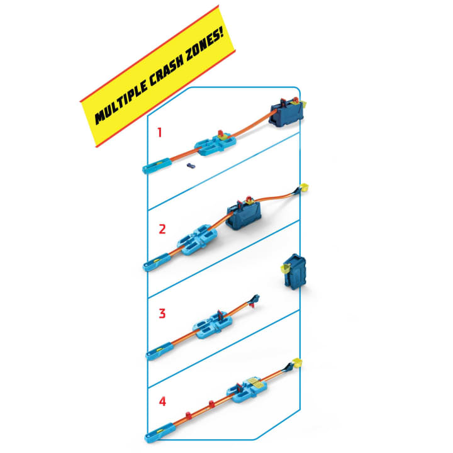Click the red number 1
[x=159, y=132]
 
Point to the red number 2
[x=162, y=229]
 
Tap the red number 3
[x=162, y=313]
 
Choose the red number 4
[x=162, y=401]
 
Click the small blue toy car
[x=191, y=165]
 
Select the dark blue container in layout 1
[x=286, y=113]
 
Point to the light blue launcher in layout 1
[x=157, y=166]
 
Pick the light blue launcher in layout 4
[x=160, y=433]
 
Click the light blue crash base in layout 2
[x=197, y=240]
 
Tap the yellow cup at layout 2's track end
[x=305, y=187]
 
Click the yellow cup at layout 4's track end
[x=297, y=362]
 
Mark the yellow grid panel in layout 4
[x=256, y=382]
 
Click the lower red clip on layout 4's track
[x=189, y=415]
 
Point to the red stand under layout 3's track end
[x=254, y=305]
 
